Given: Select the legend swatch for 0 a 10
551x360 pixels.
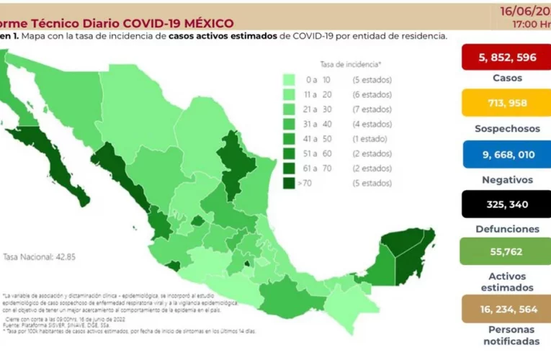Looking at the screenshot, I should point(290,79).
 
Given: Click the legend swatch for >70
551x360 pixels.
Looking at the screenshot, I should point(290,184).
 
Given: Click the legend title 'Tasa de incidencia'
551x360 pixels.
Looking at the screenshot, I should point(351,63).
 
